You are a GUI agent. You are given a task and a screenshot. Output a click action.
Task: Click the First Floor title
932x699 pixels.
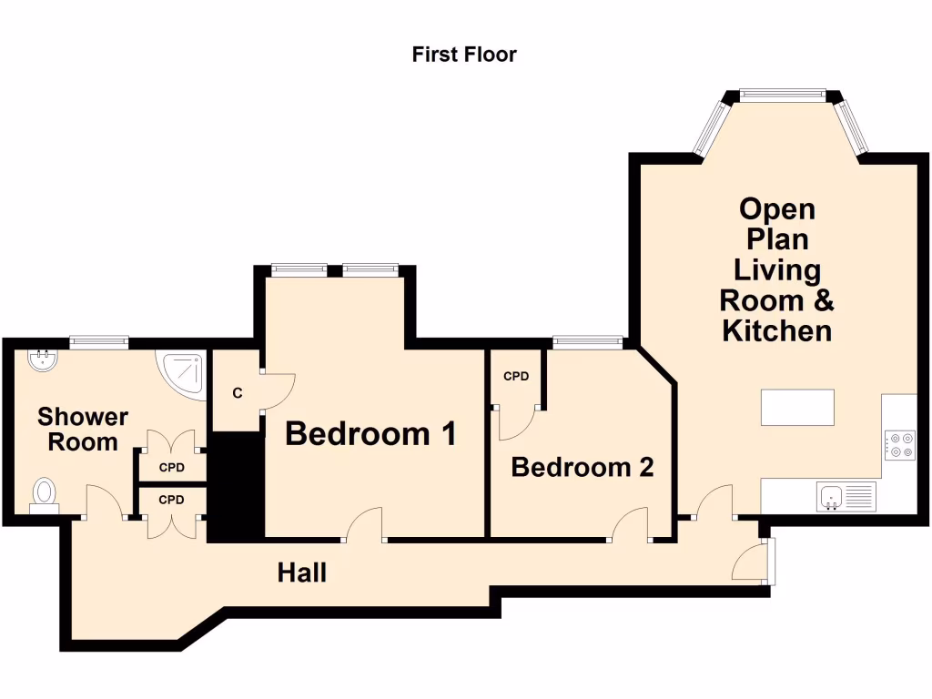point(464,55)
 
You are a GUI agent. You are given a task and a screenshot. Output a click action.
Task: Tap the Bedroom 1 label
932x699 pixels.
point(370,434)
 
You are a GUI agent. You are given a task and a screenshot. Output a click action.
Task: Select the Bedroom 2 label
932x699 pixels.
point(582,468)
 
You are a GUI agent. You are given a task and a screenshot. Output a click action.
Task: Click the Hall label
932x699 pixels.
point(302,573)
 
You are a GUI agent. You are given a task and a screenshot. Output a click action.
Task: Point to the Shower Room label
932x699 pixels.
point(83,430)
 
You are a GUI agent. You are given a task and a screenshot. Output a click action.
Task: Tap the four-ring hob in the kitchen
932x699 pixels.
point(899,444)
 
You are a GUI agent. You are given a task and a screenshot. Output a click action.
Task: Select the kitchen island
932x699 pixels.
point(797,407)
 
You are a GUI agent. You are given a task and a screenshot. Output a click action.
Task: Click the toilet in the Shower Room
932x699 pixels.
point(44,494)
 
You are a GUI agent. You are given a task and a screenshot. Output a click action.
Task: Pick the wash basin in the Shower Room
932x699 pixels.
point(42,361)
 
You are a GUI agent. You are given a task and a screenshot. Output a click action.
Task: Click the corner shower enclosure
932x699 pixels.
point(183,372)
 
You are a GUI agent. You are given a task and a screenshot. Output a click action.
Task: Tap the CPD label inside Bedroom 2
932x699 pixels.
point(516,376)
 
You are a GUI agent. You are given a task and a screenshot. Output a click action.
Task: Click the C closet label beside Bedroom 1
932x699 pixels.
point(237,393)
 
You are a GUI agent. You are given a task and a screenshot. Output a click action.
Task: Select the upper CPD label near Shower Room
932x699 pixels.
point(171,468)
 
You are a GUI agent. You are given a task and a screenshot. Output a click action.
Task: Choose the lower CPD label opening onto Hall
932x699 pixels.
point(171,500)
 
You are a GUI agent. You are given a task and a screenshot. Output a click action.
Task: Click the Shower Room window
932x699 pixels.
point(99,343)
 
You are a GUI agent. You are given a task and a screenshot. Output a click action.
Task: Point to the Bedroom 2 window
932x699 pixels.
point(588,343)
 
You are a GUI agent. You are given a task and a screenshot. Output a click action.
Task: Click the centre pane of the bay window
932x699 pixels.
point(782,93)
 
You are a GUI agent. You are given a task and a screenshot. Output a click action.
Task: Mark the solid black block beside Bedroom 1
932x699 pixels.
point(236,487)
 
